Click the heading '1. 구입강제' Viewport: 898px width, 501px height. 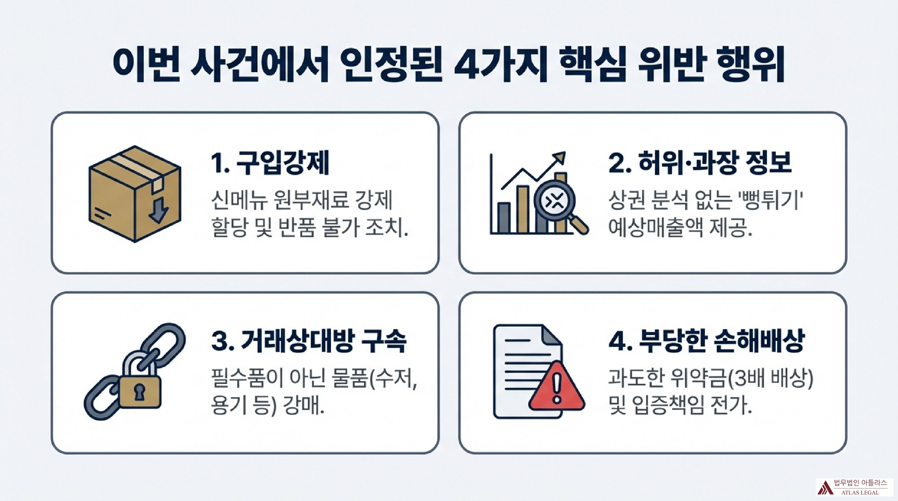270,163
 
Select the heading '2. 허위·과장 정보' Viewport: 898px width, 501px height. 700,163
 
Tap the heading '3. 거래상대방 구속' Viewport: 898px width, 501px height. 309,341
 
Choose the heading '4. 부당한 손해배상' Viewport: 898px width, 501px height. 706,341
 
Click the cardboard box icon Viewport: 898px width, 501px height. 135,194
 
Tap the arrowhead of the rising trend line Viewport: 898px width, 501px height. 559,158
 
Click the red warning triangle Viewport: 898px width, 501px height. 557,387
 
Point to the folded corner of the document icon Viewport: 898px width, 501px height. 552,334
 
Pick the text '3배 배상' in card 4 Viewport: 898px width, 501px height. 771,378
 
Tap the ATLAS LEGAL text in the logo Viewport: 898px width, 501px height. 860,492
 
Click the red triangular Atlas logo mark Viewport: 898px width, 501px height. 825,488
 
